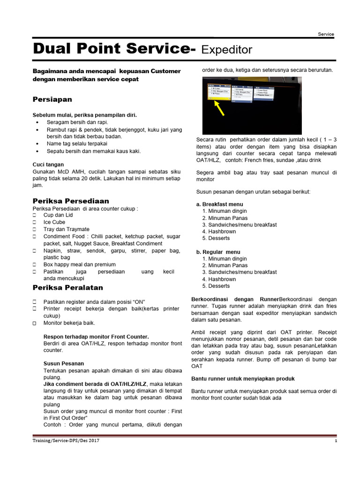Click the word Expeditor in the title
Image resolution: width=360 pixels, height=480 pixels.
click(x=227, y=50)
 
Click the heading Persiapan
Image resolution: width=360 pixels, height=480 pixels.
click(x=52, y=100)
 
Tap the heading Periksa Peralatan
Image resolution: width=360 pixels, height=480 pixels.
click(x=67, y=287)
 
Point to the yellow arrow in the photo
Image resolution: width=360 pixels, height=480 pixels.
click(x=218, y=108)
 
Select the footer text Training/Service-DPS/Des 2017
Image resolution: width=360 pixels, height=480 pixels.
click(x=66, y=441)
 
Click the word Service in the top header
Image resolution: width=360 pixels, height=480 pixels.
click(x=326, y=34)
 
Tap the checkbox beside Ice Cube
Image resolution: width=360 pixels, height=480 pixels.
click(x=35, y=222)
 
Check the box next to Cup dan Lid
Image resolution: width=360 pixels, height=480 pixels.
click(x=35, y=215)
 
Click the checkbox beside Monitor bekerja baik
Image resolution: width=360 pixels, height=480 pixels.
click(x=35, y=323)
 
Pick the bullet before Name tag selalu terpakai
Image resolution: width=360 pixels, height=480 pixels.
click(x=37, y=144)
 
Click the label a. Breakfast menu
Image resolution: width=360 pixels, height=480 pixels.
click(x=219, y=204)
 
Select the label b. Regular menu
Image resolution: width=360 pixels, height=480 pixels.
click(x=218, y=252)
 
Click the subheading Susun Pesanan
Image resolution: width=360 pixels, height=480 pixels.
click(x=64, y=363)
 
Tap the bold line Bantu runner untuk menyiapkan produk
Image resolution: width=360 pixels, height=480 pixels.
click(x=243, y=378)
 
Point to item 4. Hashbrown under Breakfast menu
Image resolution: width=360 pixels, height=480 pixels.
click(x=219, y=232)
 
